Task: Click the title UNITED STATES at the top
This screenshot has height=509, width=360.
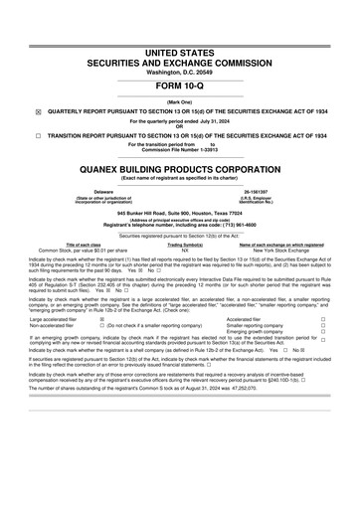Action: click(180, 49)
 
